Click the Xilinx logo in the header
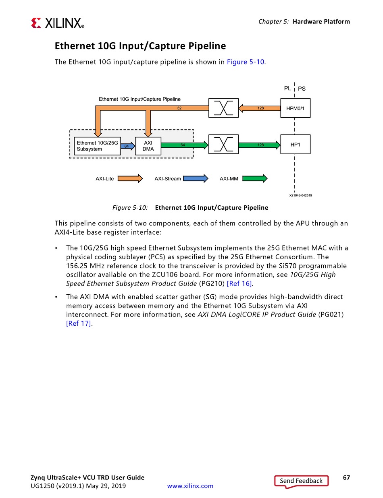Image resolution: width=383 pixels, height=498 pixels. pyautogui.click(x=57, y=23)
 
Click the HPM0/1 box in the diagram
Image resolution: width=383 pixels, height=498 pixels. pyautogui.click(x=295, y=108)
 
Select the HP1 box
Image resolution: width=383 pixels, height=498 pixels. pyautogui.click(x=295, y=144)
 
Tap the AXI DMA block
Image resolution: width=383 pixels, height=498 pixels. pyautogui.click(x=148, y=146)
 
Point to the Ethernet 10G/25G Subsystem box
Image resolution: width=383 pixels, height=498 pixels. pyautogui.click(x=98, y=146)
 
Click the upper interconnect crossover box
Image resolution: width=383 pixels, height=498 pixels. pyautogui.click(x=223, y=108)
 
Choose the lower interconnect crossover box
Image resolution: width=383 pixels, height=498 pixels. pyautogui.click(x=223, y=144)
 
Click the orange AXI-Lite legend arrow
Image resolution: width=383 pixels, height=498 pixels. pyautogui.click(x=130, y=178)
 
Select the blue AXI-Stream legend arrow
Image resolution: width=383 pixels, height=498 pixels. pyautogui.click(x=195, y=178)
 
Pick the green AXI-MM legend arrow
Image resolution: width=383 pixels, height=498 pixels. pyautogui.click(x=254, y=178)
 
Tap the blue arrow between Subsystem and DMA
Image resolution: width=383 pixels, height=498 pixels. pyautogui.click(x=128, y=146)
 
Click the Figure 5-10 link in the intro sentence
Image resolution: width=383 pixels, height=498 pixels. pyautogui.click(x=246, y=62)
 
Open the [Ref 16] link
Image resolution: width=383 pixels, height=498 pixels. pyautogui.click(x=239, y=283)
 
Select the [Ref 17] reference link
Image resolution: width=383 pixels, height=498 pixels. pyautogui.click(x=79, y=323)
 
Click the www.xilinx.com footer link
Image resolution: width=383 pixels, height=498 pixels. pyautogui.click(x=190, y=486)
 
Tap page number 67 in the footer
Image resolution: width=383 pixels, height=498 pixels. pyautogui.click(x=346, y=477)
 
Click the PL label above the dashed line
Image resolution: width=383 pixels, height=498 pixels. pyautogui.click(x=287, y=88)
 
